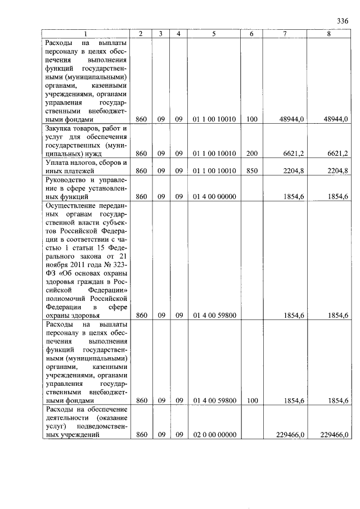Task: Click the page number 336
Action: [x=343, y=21]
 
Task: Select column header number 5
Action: [x=214, y=34]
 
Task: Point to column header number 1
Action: [x=85, y=34]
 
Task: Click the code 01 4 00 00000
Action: [x=214, y=197]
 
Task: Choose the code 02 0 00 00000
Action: [x=214, y=435]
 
